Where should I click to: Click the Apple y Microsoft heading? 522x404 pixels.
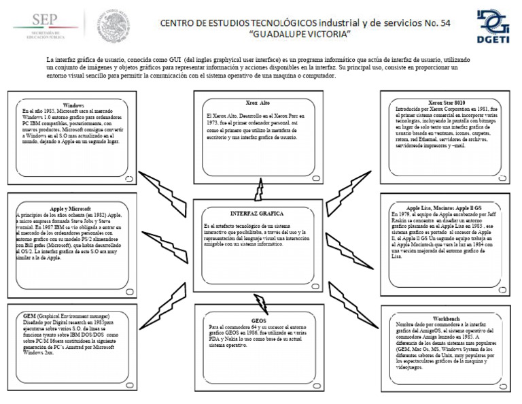click(x=70, y=208)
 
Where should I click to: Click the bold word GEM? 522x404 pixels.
click(x=29, y=317)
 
